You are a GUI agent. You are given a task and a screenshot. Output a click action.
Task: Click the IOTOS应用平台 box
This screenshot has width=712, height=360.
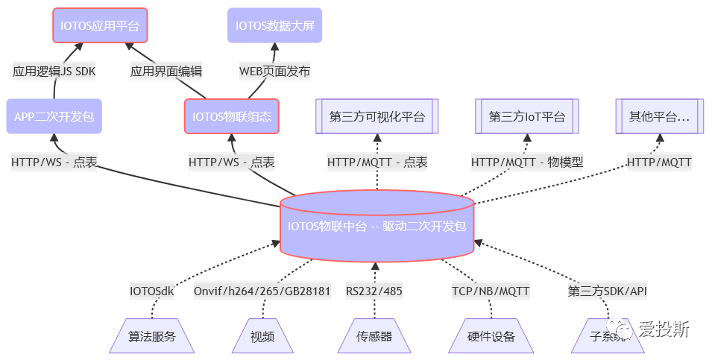100,25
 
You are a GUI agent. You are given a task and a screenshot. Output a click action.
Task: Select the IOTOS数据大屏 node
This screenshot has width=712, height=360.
274,25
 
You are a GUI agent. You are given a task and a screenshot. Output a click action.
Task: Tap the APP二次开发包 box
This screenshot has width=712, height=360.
54,116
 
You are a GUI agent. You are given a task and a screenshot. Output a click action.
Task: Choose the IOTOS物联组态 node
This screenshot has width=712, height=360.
231,116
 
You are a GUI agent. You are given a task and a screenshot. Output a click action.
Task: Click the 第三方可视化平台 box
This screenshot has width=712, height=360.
377,116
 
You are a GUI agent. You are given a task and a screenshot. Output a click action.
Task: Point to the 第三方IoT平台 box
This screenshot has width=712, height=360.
527,116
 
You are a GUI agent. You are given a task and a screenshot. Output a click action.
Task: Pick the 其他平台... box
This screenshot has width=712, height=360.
659,116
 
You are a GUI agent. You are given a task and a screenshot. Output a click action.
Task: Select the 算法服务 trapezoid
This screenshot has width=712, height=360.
151,336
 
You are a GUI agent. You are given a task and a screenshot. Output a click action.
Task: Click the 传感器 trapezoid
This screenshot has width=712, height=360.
375,336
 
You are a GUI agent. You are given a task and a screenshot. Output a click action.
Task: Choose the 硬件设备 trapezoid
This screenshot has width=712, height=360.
491,336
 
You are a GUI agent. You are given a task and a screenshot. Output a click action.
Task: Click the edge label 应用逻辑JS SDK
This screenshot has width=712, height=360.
54,72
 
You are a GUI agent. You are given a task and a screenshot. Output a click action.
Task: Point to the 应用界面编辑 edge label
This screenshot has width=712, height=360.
166,72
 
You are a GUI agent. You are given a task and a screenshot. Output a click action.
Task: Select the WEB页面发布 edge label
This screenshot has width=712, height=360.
274,72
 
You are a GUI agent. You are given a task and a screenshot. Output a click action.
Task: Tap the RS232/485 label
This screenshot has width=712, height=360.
374,291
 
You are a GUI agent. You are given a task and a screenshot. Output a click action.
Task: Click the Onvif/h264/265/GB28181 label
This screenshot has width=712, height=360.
262,291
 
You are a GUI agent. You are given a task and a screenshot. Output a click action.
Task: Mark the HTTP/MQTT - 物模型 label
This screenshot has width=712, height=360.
526,162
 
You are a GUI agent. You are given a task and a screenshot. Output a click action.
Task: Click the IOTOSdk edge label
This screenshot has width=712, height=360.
151,291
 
